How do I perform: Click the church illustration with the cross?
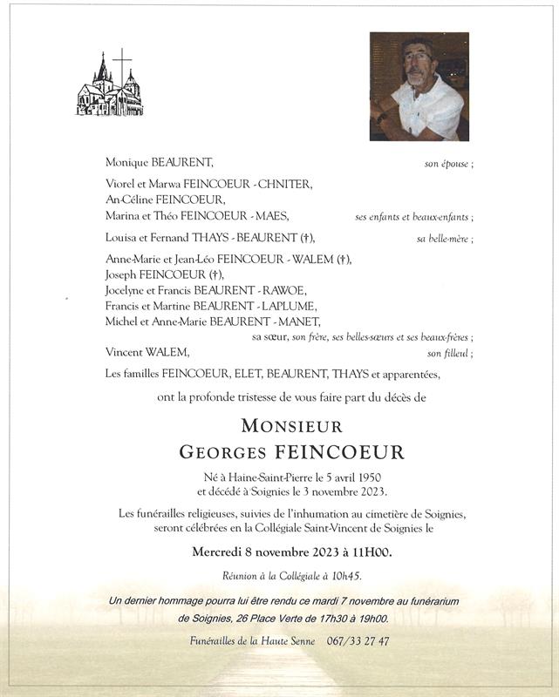tap(110, 85)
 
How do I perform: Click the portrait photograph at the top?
tap(419, 86)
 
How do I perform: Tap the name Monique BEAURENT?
tap(159, 162)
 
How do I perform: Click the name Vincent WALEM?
tap(147, 352)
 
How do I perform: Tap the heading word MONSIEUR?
tap(291, 427)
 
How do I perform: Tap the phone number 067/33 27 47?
tap(357, 641)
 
